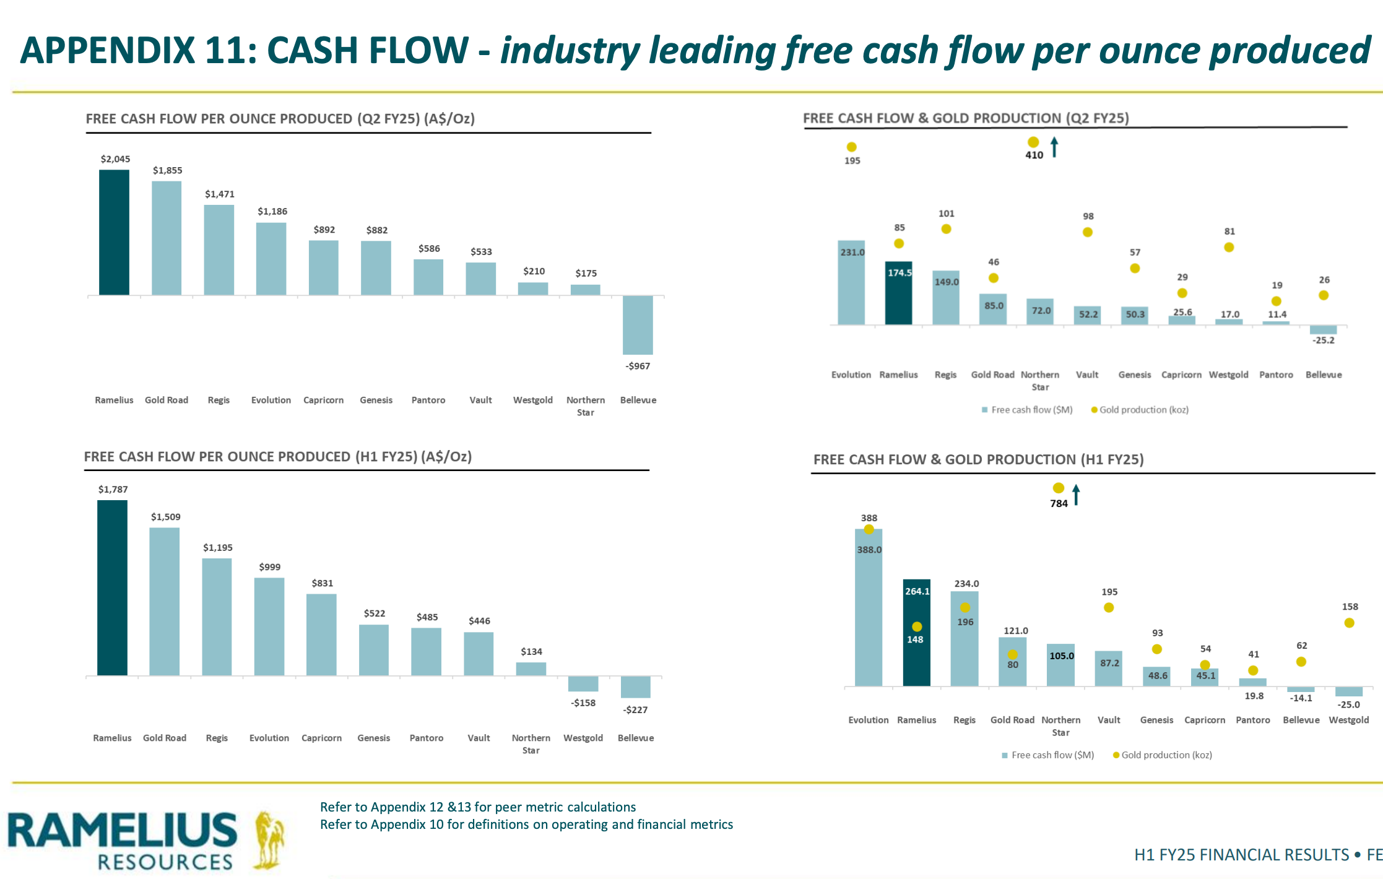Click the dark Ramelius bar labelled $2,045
point(115,232)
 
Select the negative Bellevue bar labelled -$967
point(638,325)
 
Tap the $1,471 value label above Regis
point(220,194)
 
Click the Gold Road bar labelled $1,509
point(165,601)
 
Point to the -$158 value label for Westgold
point(584,703)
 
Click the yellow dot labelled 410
point(1033,142)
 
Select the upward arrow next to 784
point(1076,495)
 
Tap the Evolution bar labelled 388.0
point(869,607)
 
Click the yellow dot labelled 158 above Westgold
point(1349,623)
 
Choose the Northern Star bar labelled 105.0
point(1060,664)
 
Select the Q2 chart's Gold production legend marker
point(1094,410)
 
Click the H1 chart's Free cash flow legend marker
point(1005,755)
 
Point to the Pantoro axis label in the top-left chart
point(428,400)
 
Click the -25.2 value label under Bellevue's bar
point(1324,340)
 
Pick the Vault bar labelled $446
point(479,654)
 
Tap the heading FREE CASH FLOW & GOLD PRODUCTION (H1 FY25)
point(978,459)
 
